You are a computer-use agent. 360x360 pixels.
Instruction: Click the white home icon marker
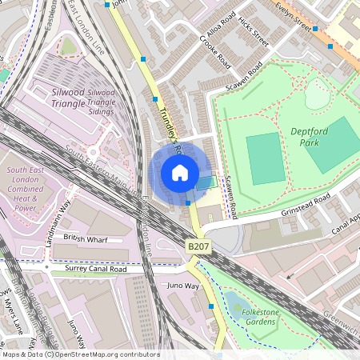(180, 172)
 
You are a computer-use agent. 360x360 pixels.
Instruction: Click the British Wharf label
(85, 238)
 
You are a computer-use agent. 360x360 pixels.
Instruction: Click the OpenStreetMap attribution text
(80, 354)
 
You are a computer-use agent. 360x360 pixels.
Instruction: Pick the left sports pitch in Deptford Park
(264, 158)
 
